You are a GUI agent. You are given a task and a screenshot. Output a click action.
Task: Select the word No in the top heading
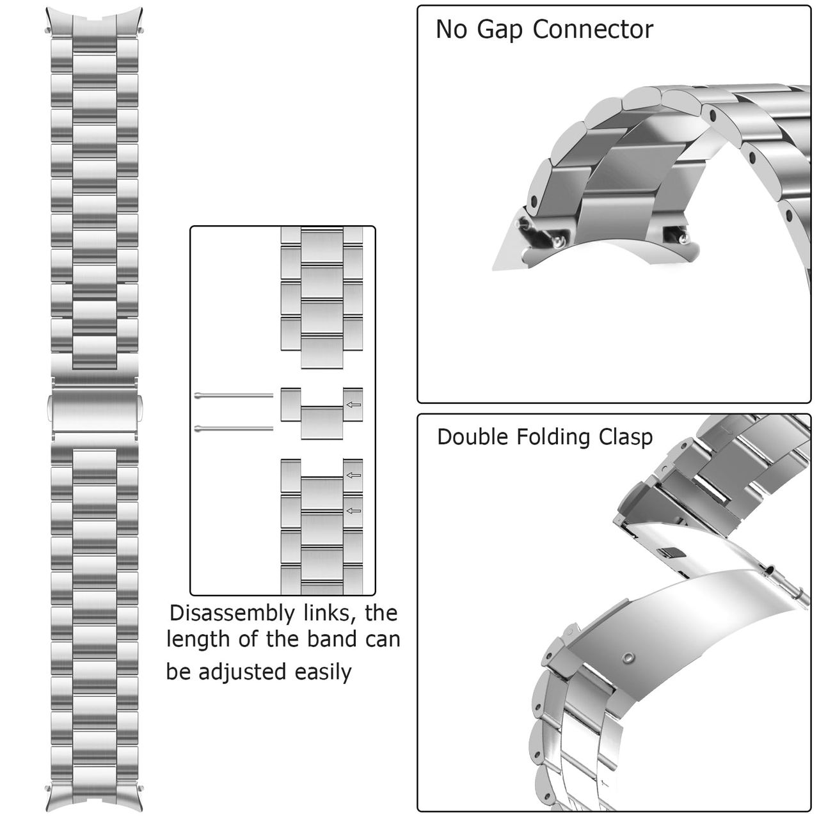[451, 30]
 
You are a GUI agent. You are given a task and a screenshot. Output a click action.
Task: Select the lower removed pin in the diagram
[234, 428]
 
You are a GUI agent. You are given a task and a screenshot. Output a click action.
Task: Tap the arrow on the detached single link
[353, 404]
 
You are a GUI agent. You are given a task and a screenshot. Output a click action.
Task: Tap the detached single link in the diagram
[321, 413]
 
